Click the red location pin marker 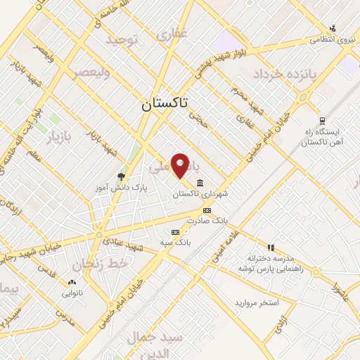[x=181, y=165]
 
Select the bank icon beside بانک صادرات [x=207, y=210]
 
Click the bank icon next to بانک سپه [x=175, y=232]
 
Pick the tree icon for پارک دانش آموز [x=121, y=176]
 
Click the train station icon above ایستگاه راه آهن [x=322, y=120]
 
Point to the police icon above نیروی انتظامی [x=333, y=29]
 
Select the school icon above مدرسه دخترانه [x=271, y=247]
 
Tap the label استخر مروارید [x=257, y=302]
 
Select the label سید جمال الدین [x=154, y=344]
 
